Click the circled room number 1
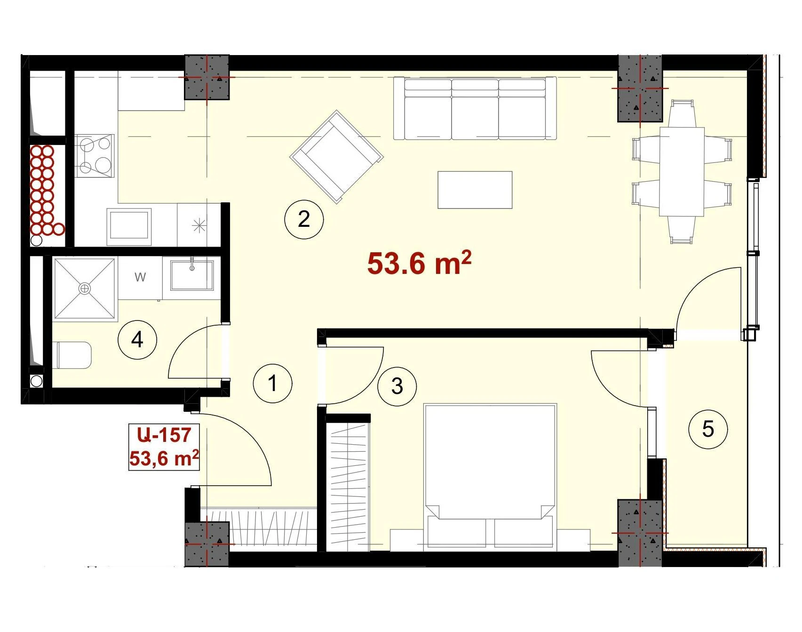(x=272, y=383)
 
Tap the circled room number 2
(x=304, y=219)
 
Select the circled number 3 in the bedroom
(x=397, y=386)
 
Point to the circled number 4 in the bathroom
(x=137, y=339)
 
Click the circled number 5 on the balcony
(x=708, y=429)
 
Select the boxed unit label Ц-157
(x=164, y=435)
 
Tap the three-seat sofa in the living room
(x=475, y=109)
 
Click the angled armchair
(x=337, y=157)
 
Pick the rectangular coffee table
(x=475, y=190)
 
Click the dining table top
(x=682, y=171)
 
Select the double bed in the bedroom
(x=490, y=477)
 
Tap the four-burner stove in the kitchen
(x=95, y=155)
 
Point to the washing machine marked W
(x=140, y=278)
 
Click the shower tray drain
(x=85, y=288)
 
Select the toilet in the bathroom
(x=74, y=355)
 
